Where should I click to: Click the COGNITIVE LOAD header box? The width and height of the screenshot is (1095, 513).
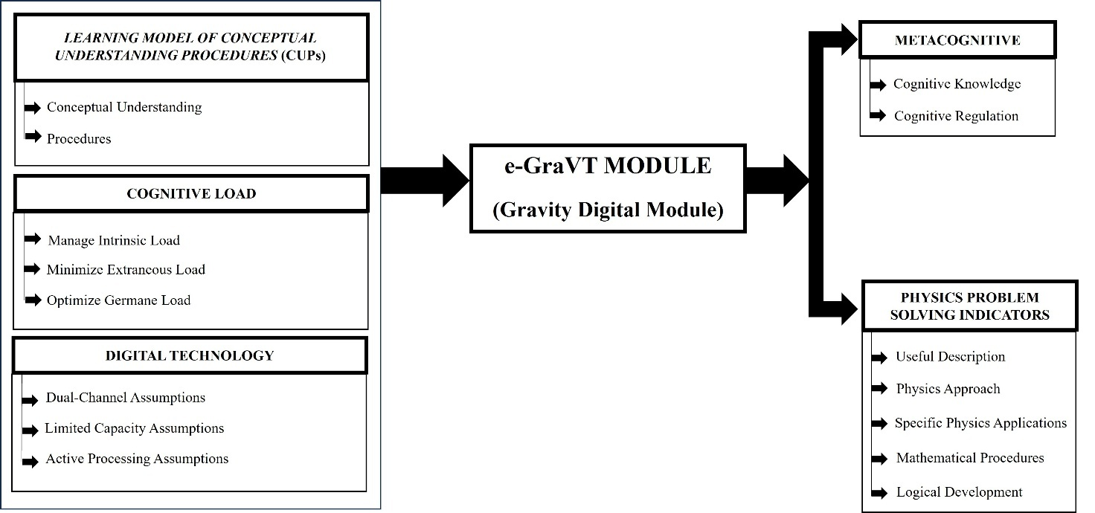pos(191,194)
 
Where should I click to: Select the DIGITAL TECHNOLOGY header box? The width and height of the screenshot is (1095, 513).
pos(190,355)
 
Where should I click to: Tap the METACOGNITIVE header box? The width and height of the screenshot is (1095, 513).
pos(957,40)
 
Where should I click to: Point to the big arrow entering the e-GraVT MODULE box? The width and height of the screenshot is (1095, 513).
pos(425,180)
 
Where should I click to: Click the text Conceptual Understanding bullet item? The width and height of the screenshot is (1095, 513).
pos(124,107)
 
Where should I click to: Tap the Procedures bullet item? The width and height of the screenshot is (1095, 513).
pos(79,138)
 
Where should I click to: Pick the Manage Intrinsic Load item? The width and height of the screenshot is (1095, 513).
pos(114,240)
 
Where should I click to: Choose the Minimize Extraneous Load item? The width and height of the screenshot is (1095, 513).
pos(126,270)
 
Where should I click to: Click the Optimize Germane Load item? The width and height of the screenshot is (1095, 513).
pos(118,300)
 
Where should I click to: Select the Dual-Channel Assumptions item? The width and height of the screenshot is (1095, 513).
pos(125,398)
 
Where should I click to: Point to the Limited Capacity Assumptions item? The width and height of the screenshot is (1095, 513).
pos(134,428)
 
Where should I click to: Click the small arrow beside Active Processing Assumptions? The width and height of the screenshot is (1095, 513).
pos(30,461)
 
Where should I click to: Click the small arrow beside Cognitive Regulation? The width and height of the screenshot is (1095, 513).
pos(879,116)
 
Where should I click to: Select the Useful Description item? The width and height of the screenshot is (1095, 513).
pos(950,357)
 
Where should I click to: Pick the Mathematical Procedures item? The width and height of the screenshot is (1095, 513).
pos(970,458)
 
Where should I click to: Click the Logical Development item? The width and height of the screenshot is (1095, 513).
pos(959,492)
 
